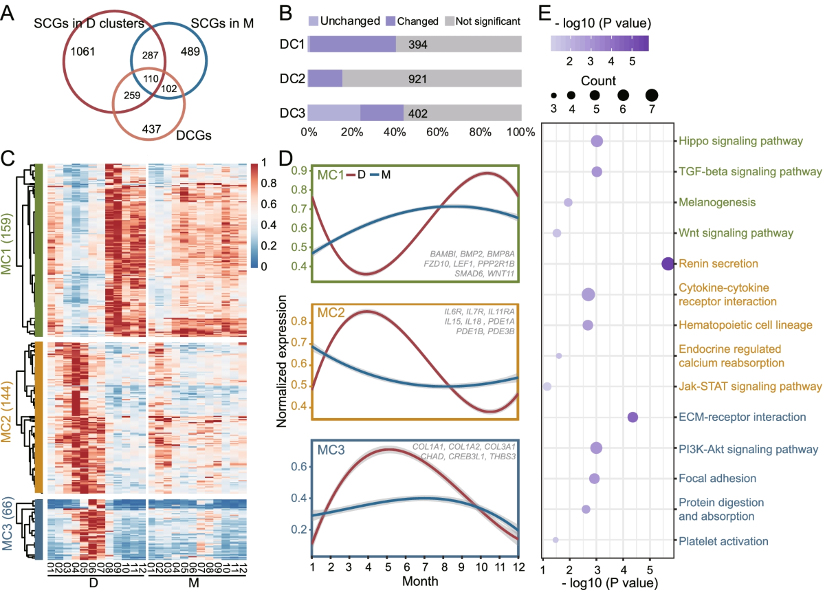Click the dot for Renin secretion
coord(668,263)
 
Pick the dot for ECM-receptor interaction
coord(632,417)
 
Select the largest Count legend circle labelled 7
coord(650,95)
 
